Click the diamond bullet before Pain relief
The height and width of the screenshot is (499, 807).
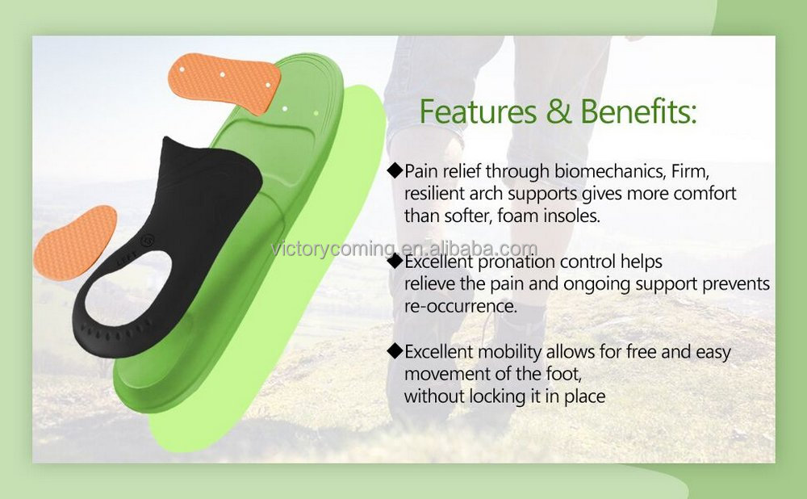click(395, 170)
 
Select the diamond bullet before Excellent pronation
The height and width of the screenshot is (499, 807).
click(395, 262)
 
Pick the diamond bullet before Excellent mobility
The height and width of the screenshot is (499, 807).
click(395, 351)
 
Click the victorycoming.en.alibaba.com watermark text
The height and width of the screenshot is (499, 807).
click(403, 248)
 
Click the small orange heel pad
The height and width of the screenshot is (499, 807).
click(73, 241)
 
